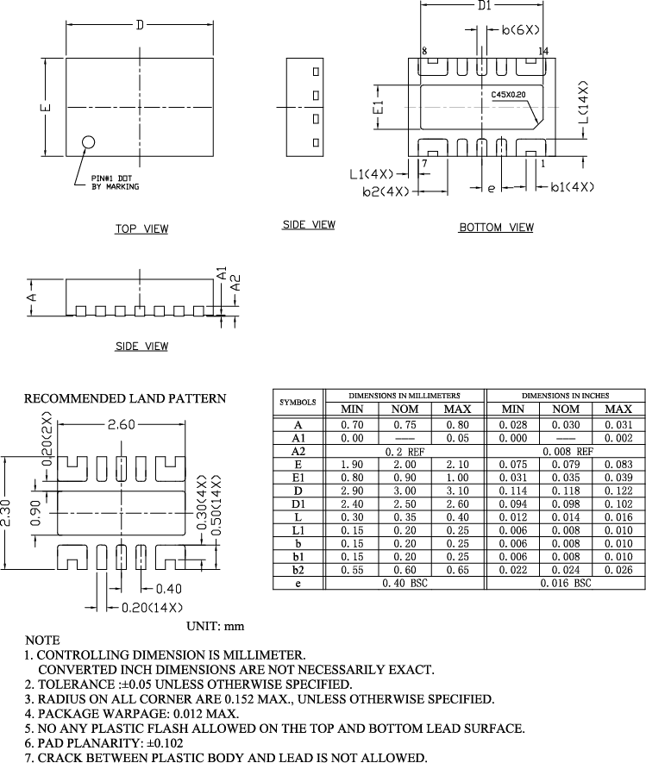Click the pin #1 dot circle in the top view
pyautogui.click(x=88, y=143)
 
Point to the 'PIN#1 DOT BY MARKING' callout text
pyautogui.click(x=115, y=183)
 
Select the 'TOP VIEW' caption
pyautogui.click(x=142, y=229)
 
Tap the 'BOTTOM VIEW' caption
pyautogui.click(x=496, y=228)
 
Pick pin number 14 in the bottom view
pyautogui.click(x=543, y=52)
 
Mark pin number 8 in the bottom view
pyautogui.click(x=423, y=52)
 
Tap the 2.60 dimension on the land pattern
pyautogui.click(x=122, y=424)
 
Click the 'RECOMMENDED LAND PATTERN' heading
pyautogui.click(x=125, y=398)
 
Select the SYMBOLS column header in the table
pyautogui.click(x=298, y=403)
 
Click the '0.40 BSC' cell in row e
pyautogui.click(x=405, y=584)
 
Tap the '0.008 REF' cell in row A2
pyautogui.click(x=566, y=451)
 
